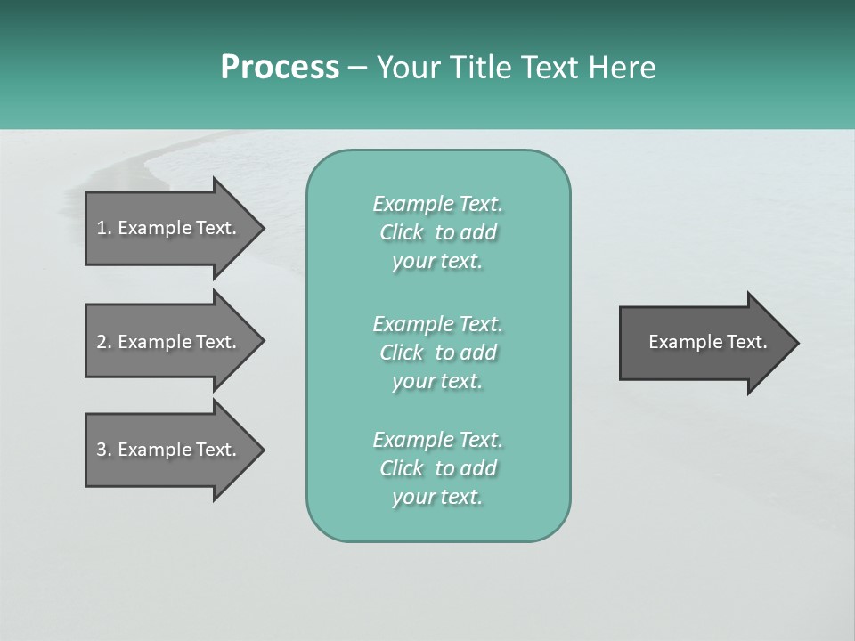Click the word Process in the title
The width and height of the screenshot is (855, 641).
pos(280,68)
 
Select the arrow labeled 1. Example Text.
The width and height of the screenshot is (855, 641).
pos(169,228)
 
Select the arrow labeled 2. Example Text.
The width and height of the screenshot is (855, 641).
pos(169,342)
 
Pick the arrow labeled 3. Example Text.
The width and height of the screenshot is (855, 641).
pos(169,450)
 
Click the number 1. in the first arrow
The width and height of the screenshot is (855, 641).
pos(104,228)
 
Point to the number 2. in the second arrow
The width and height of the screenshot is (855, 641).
pos(104,342)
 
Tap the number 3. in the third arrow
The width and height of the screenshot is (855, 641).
pos(104,450)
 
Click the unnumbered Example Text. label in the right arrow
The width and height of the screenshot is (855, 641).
pos(707,342)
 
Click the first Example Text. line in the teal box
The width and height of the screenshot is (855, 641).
pos(437,204)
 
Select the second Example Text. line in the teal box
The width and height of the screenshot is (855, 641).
pos(437,323)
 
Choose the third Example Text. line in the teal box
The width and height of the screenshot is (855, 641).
pos(437,440)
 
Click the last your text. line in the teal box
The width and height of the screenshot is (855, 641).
pos(437,497)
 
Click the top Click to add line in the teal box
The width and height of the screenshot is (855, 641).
pos(437,232)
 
